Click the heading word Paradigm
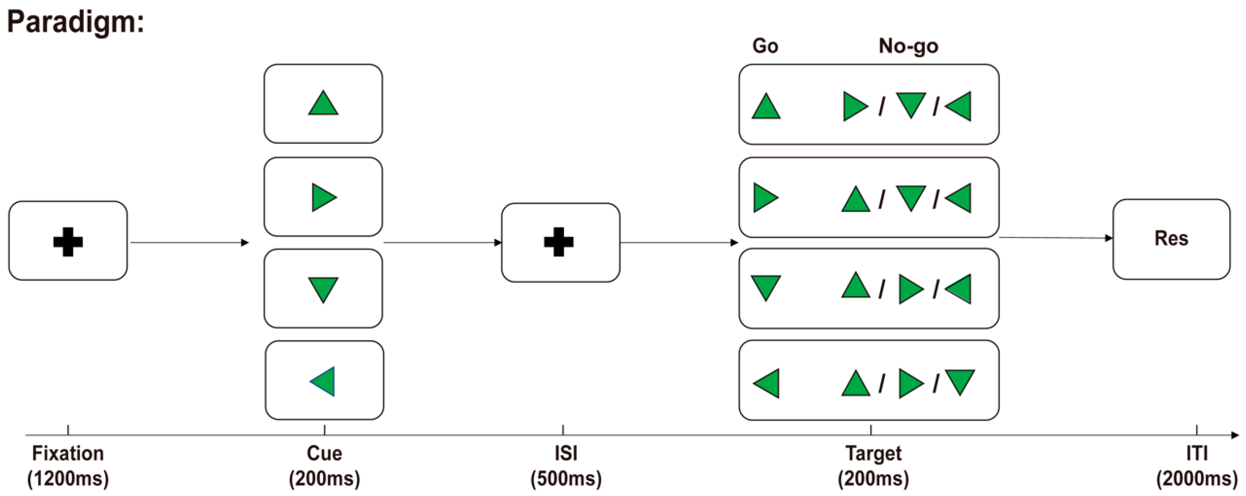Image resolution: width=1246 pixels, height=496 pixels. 76,22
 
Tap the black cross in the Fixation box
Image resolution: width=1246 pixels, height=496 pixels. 68,241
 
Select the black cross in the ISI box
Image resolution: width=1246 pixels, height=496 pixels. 559,241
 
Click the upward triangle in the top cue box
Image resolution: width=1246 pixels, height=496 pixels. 323,104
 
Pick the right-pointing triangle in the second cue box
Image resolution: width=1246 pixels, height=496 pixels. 323,197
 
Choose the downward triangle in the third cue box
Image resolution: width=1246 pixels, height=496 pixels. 323,289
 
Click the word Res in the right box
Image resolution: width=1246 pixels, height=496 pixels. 1171,238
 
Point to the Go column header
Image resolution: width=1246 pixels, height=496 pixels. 765,46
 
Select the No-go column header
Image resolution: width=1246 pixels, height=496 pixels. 909,46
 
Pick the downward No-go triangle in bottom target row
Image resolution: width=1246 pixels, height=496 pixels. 960,381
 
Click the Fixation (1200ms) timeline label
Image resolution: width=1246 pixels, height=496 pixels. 68,466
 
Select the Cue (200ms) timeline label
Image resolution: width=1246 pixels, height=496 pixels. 324,466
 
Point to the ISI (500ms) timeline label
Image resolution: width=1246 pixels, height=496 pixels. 566,466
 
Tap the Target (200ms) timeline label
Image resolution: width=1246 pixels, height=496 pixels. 873,466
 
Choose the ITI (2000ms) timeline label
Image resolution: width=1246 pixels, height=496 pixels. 1196,466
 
